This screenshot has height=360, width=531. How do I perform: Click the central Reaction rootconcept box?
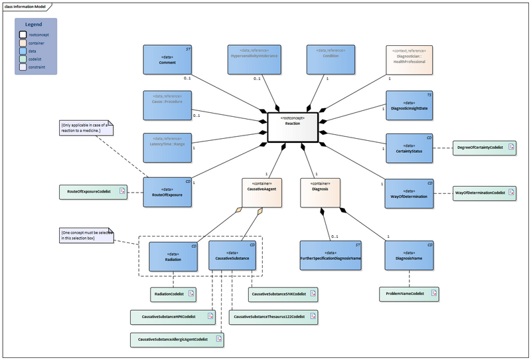pyautogui.click(x=293, y=126)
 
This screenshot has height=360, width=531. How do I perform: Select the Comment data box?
pyautogui.click(x=168, y=60)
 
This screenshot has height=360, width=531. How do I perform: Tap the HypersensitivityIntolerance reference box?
pyautogui.click(x=254, y=60)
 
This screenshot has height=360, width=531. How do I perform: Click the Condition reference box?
pyautogui.click(x=330, y=60)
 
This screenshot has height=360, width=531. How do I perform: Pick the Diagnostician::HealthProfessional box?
pyautogui.click(x=410, y=60)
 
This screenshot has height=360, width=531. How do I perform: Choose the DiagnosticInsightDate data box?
pyautogui.click(x=410, y=105)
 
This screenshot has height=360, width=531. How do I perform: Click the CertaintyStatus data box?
pyautogui.click(x=410, y=147)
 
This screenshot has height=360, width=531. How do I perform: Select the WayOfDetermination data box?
pyautogui.click(x=410, y=193)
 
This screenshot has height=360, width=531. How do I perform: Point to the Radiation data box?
pyautogui.click(x=173, y=256)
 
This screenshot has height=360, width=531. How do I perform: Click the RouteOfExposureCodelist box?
pyautogui.click(x=93, y=192)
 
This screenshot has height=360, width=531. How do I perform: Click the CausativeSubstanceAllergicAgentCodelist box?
pyautogui.click(x=177, y=339)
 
